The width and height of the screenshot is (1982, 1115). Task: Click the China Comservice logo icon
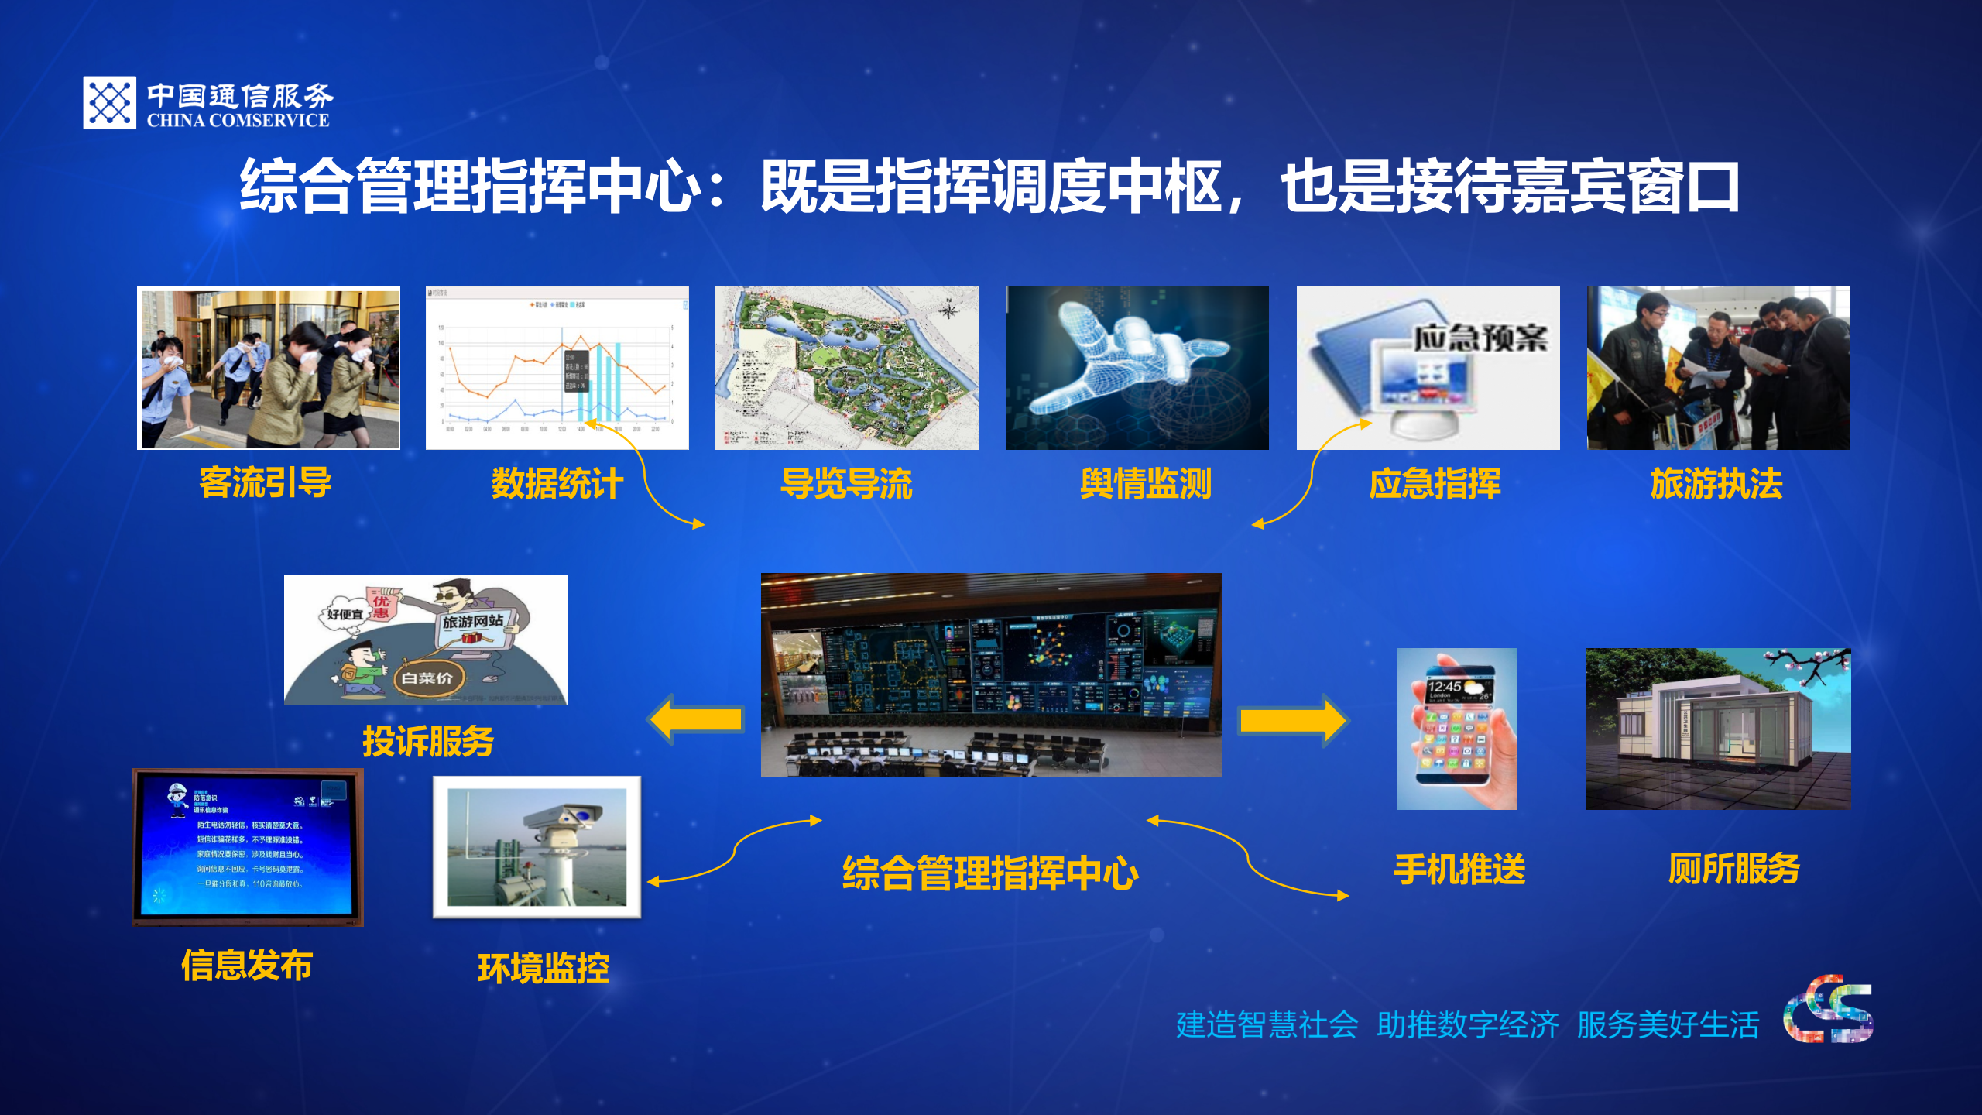click(x=109, y=103)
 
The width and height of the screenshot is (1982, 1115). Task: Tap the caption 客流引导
click(x=266, y=483)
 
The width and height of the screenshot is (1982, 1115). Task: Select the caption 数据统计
click(x=557, y=485)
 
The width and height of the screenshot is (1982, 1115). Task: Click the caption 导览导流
click(x=846, y=485)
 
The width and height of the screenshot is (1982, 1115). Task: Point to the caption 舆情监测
click(x=1146, y=485)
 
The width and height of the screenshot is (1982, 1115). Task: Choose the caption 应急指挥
click(x=1435, y=485)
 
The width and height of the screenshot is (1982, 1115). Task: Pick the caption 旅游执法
click(x=1716, y=485)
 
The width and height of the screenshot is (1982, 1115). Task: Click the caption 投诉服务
click(x=428, y=742)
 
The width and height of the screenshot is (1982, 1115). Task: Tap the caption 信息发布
click(x=247, y=966)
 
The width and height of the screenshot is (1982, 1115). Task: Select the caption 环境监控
click(x=544, y=969)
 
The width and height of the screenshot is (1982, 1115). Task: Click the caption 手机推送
click(x=1459, y=870)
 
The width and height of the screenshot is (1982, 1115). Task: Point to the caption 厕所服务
click(x=1733, y=869)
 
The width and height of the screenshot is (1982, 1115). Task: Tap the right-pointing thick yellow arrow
click(x=1293, y=721)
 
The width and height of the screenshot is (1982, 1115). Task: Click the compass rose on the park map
click(x=948, y=310)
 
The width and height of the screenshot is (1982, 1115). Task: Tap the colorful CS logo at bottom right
click(x=1828, y=1010)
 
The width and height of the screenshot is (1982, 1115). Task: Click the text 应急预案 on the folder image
click(x=1480, y=338)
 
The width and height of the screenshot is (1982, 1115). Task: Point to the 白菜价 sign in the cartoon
click(x=427, y=678)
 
